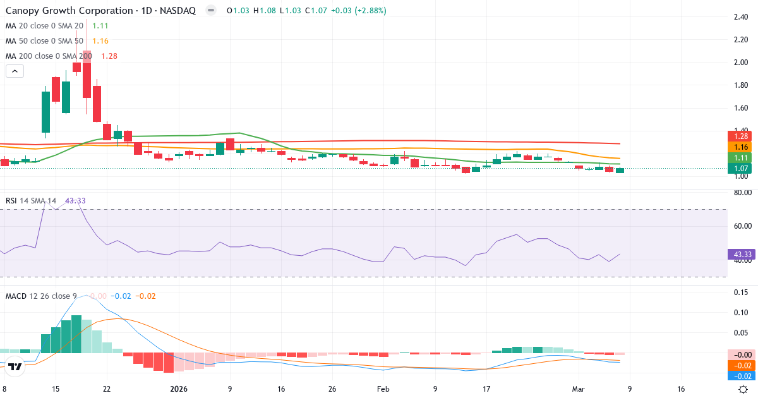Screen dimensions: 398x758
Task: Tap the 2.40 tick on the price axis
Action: pyautogui.click(x=741, y=17)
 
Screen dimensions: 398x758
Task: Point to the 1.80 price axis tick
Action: pyautogui.click(x=741, y=85)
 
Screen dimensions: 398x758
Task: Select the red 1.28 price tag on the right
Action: pyautogui.click(x=741, y=136)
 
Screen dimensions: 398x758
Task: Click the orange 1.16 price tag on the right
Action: pyautogui.click(x=741, y=147)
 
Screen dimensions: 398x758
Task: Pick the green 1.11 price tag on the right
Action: pyautogui.click(x=741, y=157)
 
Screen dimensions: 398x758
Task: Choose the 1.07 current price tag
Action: pyautogui.click(x=741, y=169)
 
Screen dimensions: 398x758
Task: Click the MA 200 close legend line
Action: pyautogui.click(x=49, y=56)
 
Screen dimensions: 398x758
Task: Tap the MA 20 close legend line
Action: pyautogui.click(x=44, y=26)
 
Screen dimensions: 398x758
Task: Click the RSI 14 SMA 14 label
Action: pyautogui.click(x=31, y=201)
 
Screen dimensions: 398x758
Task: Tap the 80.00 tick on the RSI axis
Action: pyautogui.click(x=741, y=192)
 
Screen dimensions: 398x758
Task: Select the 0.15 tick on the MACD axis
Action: pyautogui.click(x=741, y=292)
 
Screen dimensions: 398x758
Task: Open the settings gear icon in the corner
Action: pyautogui.click(x=744, y=390)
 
